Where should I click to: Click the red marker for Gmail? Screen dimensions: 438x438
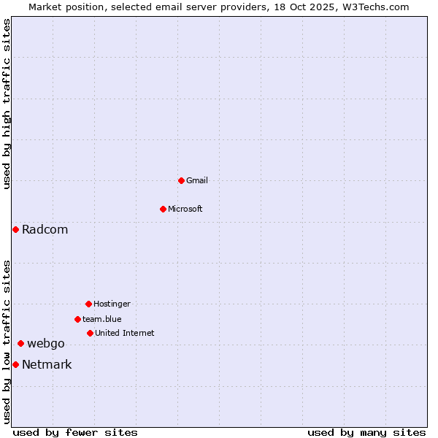pyautogui.click(x=181, y=180)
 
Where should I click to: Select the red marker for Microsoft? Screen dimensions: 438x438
pyautogui.click(x=163, y=209)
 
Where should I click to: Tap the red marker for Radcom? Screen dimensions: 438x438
pyautogui.click(x=15, y=229)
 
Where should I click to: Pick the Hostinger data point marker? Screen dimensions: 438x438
pyautogui.click(x=88, y=304)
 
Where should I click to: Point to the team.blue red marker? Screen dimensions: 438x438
pyautogui.click(x=77, y=319)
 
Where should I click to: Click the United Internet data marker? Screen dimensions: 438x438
pyautogui.click(x=90, y=333)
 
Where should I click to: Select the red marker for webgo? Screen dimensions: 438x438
pyautogui.click(x=20, y=343)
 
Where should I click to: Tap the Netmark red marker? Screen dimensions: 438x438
pyautogui.click(x=15, y=364)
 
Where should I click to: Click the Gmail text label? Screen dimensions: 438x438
pyautogui.click(x=197, y=180)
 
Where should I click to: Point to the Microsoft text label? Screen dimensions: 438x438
pyautogui.click(x=185, y=209)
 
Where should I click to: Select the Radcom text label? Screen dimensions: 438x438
pyautogui.click(x=45, y=229)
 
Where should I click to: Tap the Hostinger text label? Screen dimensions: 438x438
pyautogui.click(x=112, y=304)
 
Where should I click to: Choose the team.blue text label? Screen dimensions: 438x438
pyautogui.click(x=102, y=319)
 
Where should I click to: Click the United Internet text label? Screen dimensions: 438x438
pyautogui.click(x=125, y=333)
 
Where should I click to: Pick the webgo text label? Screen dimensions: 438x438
pyautogui.click(x=46, y=343)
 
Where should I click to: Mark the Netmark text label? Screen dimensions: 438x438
pyautogui.click(x=47, y=364)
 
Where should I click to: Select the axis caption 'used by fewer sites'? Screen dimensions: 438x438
pyautogui.click(x=75, y=432)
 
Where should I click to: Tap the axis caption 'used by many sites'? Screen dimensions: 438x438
pyautogui.click(x=366, y=432)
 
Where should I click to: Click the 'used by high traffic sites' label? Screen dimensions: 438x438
pyautogui.click(x=7, y=104)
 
